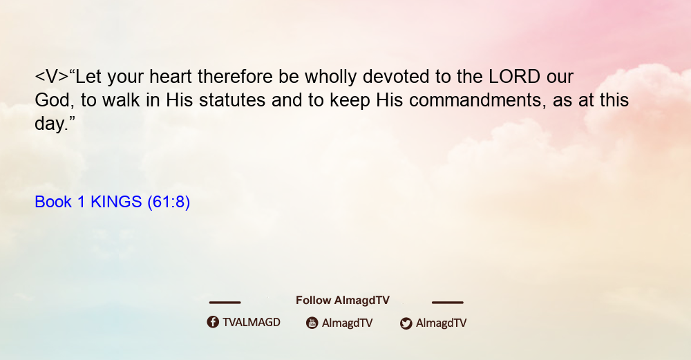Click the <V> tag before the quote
point(52,77)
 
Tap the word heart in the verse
point(171,77)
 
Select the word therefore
point(235,77)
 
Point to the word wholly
point(330,77)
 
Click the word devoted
point(396,77)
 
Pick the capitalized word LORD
point(514,77)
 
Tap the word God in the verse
point(53,100)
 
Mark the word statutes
point(232,100)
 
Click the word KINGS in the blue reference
point(116,202)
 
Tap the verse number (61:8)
point(169,202)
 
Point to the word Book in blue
point(53,202)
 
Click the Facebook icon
point(213,322)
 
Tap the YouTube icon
point(312,323)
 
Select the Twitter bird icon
point(406,323)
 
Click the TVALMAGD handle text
point(252,323)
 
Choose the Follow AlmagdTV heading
point(343,301)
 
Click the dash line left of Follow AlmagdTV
point(225,302)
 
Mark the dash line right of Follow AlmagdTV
point(448,302)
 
